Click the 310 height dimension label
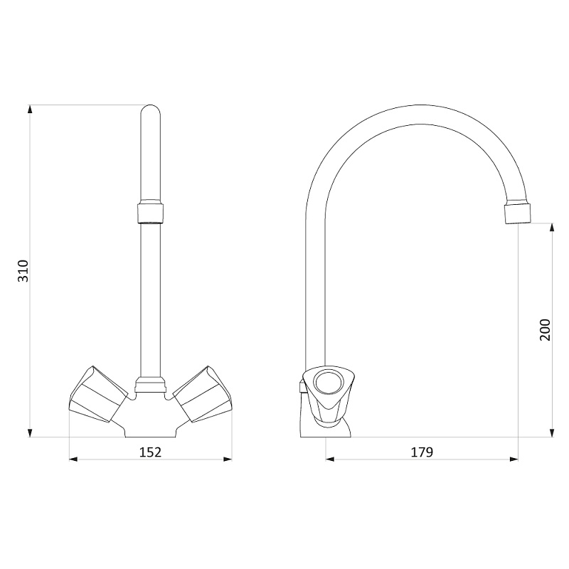coord(23,271)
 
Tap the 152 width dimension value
coord(150,452)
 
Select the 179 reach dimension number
coord(422,452)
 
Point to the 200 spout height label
coord(545,329)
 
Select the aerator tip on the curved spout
coord(518,213)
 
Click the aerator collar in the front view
coord(150,213)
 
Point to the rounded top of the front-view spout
coord(150,110)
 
